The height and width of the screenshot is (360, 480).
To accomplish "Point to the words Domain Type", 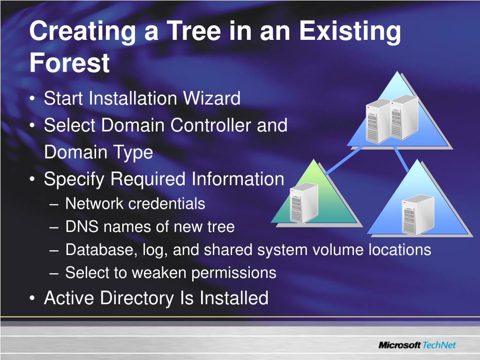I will tap(98, 152).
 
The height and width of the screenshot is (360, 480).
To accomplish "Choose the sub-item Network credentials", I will tap(135, 204).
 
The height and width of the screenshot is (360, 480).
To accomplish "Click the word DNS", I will tap(82, 227).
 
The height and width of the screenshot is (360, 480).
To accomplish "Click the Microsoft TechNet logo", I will tap(417, 345).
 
